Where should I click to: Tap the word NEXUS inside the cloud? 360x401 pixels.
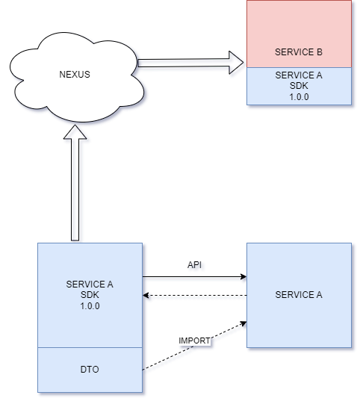pyautogui.click(x=74, y=75)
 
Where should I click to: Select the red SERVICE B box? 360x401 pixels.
pyautogui.click(x=299, y=30)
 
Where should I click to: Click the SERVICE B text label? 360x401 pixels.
pyautogui.click(x=299, y=52)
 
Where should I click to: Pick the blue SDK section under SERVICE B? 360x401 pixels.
pyautogui.click(x=299, y=87)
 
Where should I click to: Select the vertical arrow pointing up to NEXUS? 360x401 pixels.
pyautogui.click(x=75, y=194)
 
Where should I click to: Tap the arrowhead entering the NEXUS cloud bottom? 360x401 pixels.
pyautogui.click(x=75, y=133)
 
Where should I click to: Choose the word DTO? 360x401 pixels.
pyautogui.click(x=90, y=369)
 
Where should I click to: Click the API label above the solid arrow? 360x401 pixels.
pyautogui.click(x=194, y=264)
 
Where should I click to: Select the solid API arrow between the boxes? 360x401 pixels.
pyautogui.click(x=194, y=276)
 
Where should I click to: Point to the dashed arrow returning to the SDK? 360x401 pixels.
pyautogui.click(x=194, y=296)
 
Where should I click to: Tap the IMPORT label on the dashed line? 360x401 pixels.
pyautogui.click(x=194, y=341)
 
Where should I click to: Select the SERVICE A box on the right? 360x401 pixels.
pyautogui.click(x=299, y=314)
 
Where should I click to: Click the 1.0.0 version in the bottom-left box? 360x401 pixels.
pyautogui.click(x=90, y=306)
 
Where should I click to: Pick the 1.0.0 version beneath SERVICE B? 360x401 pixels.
pyautogui.click(x=299, y=97)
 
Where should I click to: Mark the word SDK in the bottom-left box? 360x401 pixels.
pyautogui.click(x=90, y=295)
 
